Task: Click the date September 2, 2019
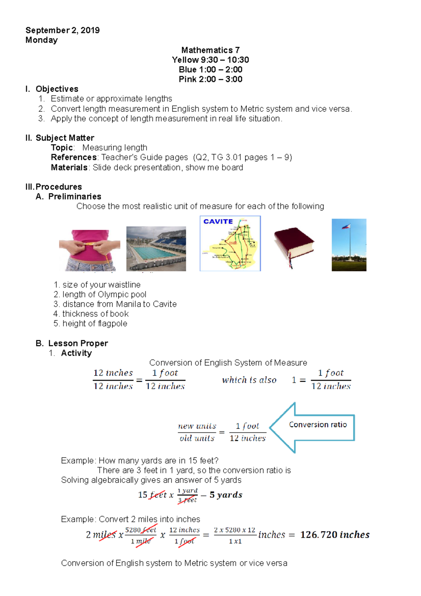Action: tap(62, 30)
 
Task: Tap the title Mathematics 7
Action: tap(210, 50)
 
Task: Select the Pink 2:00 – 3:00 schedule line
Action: tap(210, 79)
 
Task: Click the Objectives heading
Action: tap(57, 89)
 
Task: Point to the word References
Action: tap(74, 157)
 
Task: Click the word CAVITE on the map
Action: tap(218, 221)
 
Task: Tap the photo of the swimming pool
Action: tap(156, 249)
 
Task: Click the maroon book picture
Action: tap(294, 246)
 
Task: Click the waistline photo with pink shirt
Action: tap(89, 250)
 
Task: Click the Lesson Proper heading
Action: tap(78, 343)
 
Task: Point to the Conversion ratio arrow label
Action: tap(318, 425)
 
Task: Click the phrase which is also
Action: tap(249, 380)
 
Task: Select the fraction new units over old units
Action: tap(197, 432)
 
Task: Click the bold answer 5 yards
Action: tap(226, 495)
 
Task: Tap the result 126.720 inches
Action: tap(335, 535)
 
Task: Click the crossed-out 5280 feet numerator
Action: tap(140, 530)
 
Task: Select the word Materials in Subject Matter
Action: tap(69, 167)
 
